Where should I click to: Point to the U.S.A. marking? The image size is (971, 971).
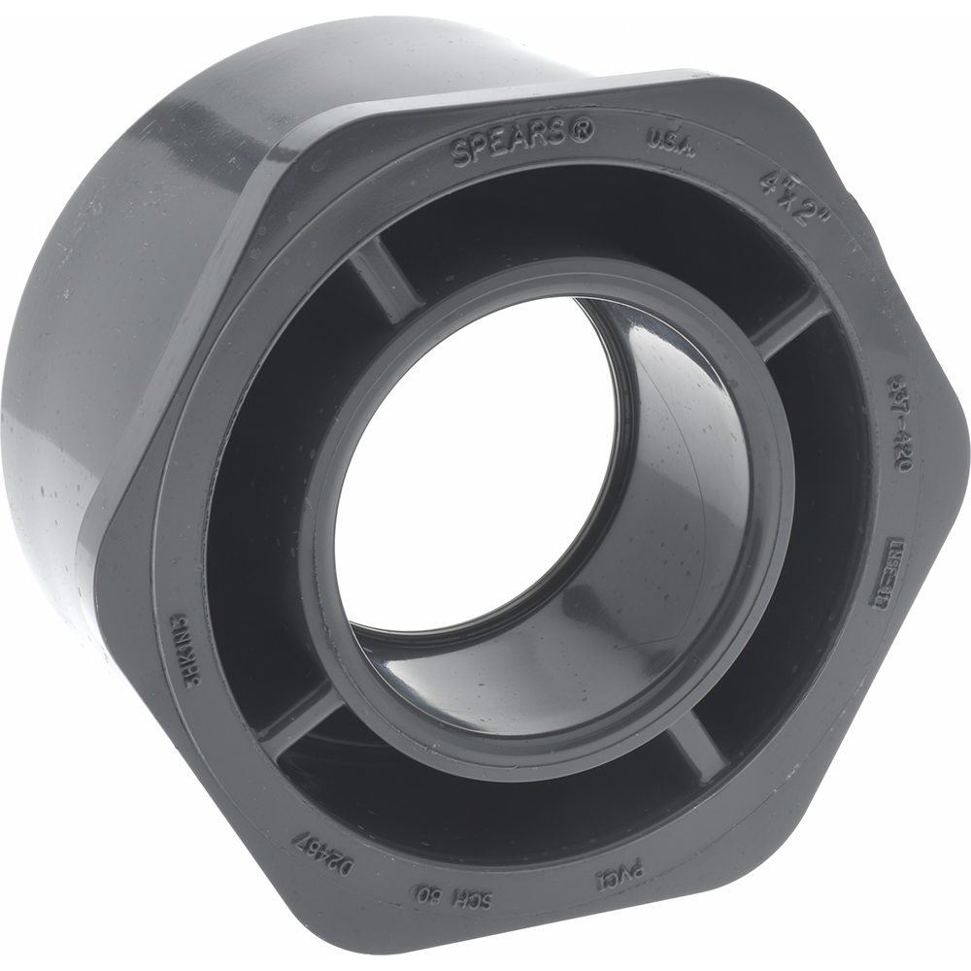(x=670, y=142)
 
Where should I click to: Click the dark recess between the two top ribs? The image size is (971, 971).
(x=583, y=223)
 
